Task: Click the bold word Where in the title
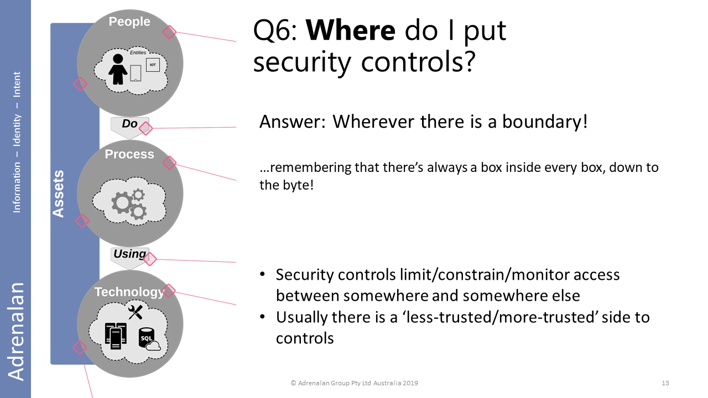(x=351, y=30)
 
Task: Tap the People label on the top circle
(x=129, y=22)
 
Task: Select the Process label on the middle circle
(x=129, y=154)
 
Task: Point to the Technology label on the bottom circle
(x=129, y=292)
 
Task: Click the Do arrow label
(x=129, y=123)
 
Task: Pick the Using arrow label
(x=129, y=254)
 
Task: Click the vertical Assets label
(x=58, y=193)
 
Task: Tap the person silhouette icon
(x=118, y=69)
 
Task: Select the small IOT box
(x=153, y=65)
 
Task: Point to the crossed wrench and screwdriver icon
(x=136, y=312)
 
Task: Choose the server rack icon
(x=116, y=336)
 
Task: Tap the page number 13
(x=665, y=383)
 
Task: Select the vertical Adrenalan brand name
(x=15, y=331)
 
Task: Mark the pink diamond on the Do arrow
(x=145, y=128)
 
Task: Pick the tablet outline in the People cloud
(x=136, y=73)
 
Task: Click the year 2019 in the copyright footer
(x=409, y=383)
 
